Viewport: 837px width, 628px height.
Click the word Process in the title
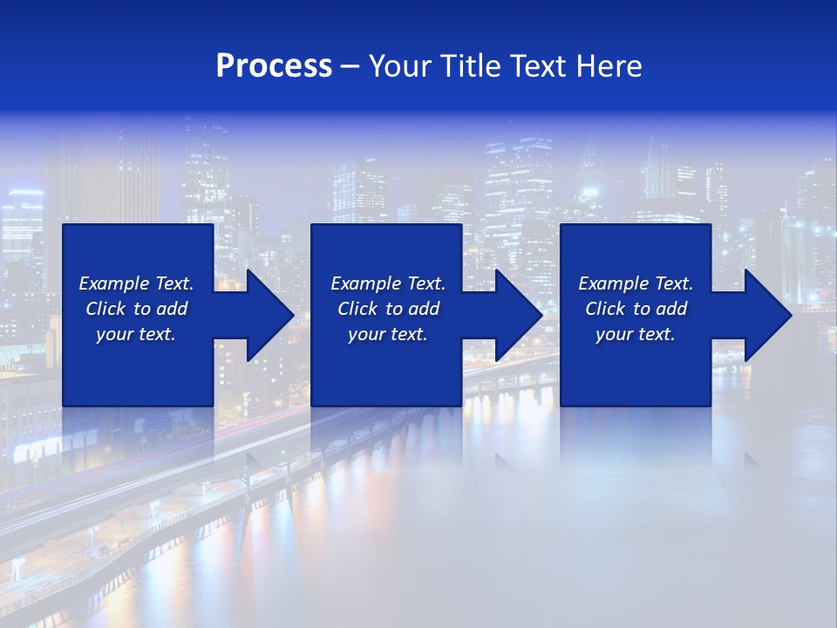click(274, 66)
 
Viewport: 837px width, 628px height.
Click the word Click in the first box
click(105, 309)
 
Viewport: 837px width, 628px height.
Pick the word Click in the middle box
click(357, 309)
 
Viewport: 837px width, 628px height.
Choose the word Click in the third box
click(604, 309)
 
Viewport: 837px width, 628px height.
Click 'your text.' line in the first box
click(136, 334)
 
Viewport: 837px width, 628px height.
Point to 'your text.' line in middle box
click(388, 334)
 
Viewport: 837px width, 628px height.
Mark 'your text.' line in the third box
click(636, 334)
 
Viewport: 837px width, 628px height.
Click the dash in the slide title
click(350, 67)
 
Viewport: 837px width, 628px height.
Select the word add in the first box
click(172, 309)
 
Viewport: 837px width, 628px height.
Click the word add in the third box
click(671, 309)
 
